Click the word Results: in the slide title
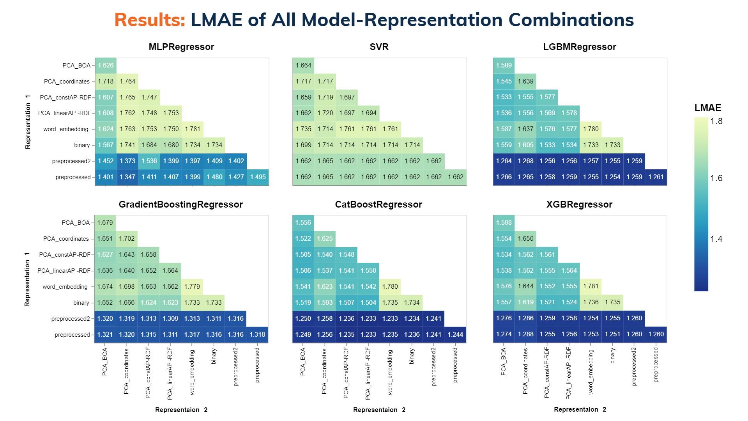150,20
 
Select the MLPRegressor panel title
181,47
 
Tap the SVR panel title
379,47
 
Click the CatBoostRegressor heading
378,204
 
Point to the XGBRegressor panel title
579,204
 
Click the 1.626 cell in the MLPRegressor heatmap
106,66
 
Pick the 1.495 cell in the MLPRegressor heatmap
258,177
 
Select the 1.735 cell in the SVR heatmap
303,129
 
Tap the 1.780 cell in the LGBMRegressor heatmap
591,129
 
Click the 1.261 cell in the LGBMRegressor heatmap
656,177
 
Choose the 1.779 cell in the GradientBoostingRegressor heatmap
192,287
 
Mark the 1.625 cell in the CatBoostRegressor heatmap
325,239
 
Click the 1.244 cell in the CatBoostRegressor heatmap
455,335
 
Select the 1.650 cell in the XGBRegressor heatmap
525,239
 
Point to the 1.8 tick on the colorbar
716,121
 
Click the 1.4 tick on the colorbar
716,239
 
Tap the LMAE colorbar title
708,108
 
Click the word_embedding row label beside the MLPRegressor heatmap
66,129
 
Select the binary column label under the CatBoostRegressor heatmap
412,356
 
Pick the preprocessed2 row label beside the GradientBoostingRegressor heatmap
71,319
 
